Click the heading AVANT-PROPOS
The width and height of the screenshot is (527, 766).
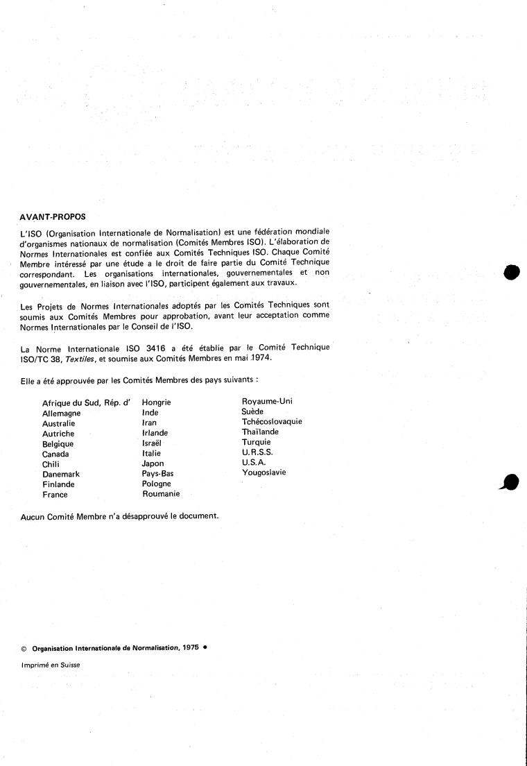[x=53, y=216]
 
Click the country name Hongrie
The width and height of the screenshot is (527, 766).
[x=156, y=402]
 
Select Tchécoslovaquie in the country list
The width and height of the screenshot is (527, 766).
[x=271, y=421]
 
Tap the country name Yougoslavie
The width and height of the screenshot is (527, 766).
[x=263, y=473]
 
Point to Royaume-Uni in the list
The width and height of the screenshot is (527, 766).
[x=267, y=401]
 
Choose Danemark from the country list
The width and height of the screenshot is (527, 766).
[x=60, y=475]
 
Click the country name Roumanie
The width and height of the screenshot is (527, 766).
[x=161, y=494]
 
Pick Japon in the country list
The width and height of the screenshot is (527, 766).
[x=153, y=463]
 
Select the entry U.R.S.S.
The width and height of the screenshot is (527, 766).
[x=257, y=452]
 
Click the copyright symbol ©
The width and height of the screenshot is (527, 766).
[x=24, y=648]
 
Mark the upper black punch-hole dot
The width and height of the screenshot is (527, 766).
[x=511, y=272]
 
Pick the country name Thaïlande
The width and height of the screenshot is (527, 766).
[x=260, y=432]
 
